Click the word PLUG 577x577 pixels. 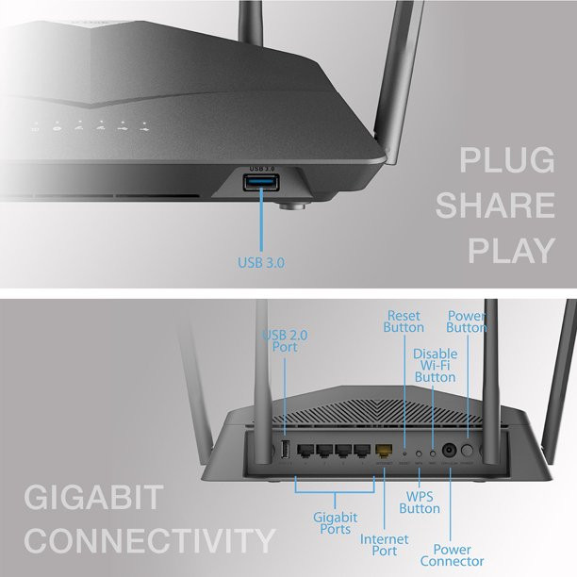[506, 161]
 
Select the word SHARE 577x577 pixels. [495, 206]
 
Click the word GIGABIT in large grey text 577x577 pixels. [94, 497]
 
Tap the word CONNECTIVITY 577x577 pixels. [150, 541]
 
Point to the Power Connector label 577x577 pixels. [458, 555]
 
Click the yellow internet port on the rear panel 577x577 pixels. [385, 452]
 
